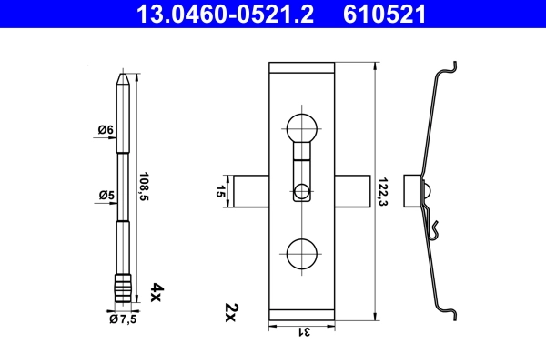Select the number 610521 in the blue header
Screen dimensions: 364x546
pyautogui.click(x=384, y=14)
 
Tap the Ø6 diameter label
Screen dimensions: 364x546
pyautogui.click(x=106, y=131)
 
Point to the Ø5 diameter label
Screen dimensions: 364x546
pyautogui.click(x=106, y=195)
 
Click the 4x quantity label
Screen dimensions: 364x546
pyautogui.click(x=156, y=291)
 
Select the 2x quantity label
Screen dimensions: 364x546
pyautogui.click(x=229, y=315)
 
